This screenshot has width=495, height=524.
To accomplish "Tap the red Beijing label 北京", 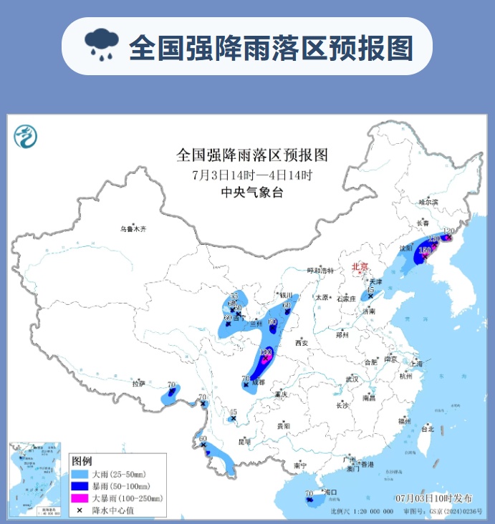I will pyautogui.click(x=360, y=268).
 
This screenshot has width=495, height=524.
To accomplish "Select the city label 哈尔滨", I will pyautogui.click(x=427, y=202).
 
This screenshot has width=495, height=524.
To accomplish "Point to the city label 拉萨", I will pyautogui.click(x=138, y=384).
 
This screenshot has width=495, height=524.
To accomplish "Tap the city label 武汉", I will pyautogui.click(x=351, y=378).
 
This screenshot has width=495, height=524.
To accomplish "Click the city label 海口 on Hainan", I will pyautogui.click(x=330, y=493).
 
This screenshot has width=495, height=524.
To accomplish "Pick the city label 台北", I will pyautogui.click(x=427, y=430).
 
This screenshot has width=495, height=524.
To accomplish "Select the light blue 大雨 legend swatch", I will pyautogui.click(x=80, y=475).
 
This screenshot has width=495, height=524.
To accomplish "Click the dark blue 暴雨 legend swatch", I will pyautogui.click(x=80, y=486).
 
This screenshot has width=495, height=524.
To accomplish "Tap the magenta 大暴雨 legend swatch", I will pyautogui.click(x=80, y=498).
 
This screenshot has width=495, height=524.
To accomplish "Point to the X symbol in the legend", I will pyautogui.click(x=80, y=510).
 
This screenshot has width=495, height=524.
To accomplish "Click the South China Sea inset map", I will pyautogui.click(x=37, y=480).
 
